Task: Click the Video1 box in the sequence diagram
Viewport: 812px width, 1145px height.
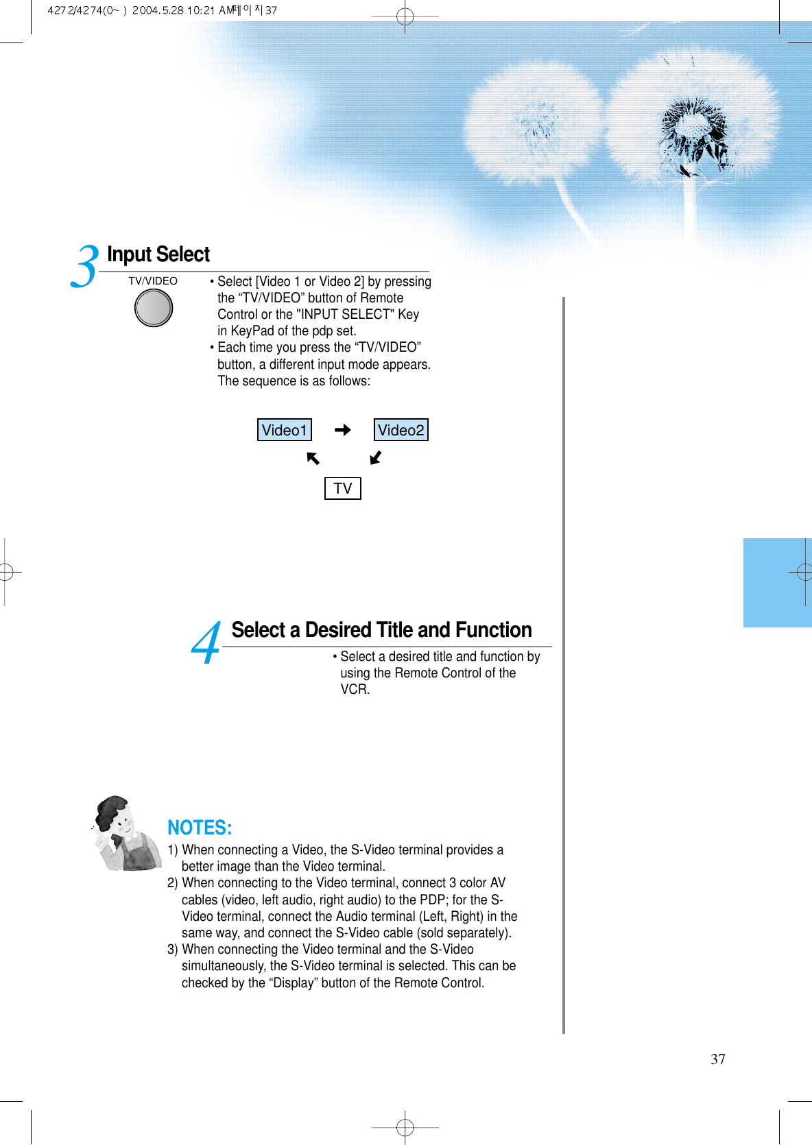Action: (x=284, y=430)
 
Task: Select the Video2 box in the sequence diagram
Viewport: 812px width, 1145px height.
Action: (x=401, y=430)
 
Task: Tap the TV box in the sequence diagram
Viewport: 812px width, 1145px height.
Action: (x=342, y=488)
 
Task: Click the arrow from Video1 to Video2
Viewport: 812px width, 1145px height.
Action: (x=342, y=430)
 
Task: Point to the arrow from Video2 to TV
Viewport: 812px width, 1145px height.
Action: (x=375, y=457)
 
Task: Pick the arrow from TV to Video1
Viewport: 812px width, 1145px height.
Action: (x=313, y=458)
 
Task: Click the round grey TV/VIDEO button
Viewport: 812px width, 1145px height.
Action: (x=154, y=307)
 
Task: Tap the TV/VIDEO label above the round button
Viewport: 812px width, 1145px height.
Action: (x=153, y=281)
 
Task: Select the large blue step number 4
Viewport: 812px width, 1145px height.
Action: (x=206, y=644)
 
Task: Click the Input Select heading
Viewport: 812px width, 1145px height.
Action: (x=158, y=254)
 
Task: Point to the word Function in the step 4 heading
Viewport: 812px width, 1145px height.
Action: (x=493, y=630)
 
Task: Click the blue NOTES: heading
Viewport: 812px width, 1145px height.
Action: (x=200, y=828)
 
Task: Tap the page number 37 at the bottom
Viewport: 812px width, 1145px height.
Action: (x=717, y=1059)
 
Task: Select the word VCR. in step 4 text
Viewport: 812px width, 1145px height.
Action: (x=355, y=690)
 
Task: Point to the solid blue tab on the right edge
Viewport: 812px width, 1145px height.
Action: (x=777, y=583)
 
